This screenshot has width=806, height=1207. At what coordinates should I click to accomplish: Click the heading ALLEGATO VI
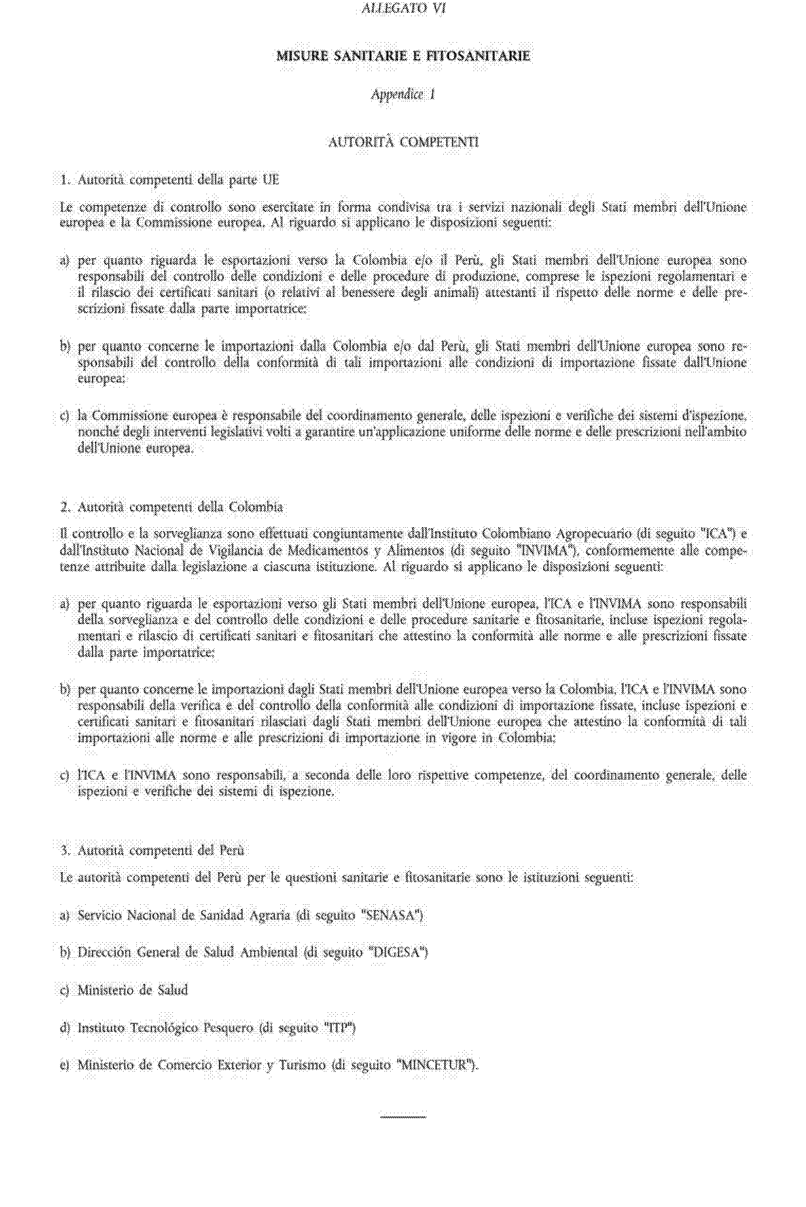[x=403, y=9]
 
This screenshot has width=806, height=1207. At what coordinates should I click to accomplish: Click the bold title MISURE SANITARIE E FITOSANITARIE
[x=403, y=56]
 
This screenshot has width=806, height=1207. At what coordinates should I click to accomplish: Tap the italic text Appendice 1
[x=403, y=95]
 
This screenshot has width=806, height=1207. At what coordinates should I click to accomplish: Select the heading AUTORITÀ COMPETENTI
[x=403, y=142]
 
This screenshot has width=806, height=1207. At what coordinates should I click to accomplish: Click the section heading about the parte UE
[x=170, y=180]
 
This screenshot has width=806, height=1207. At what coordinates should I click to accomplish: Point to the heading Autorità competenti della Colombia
[x=172, y=507]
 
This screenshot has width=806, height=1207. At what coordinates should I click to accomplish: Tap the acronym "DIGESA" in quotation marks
[x=398, y=953]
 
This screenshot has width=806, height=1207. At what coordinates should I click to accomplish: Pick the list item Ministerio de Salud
[x=133, y=990]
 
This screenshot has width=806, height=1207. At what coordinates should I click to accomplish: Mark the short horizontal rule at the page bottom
[x=403, y=1117]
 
